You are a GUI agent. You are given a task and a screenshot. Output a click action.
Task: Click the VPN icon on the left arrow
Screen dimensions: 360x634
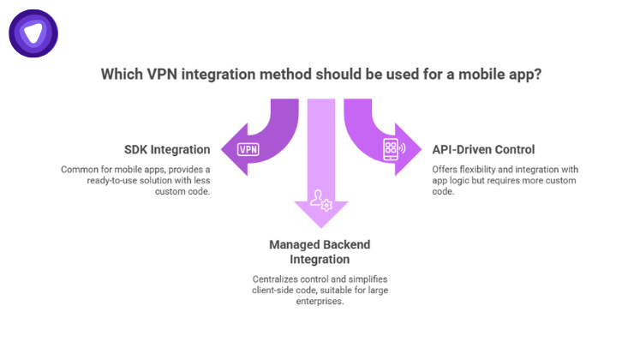tap(248, 149)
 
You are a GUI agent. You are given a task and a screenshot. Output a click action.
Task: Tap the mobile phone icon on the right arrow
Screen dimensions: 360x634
tap(393, 149)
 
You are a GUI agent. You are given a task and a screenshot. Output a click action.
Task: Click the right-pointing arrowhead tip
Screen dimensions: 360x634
tap(422, 149)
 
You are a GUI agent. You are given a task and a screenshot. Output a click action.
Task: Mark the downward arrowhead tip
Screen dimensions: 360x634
tap(321, 226)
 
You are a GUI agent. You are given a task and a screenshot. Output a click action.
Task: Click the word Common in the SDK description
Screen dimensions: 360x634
tap(79, 169)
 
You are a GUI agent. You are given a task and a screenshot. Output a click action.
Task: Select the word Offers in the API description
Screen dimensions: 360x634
tap(447, 169)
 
